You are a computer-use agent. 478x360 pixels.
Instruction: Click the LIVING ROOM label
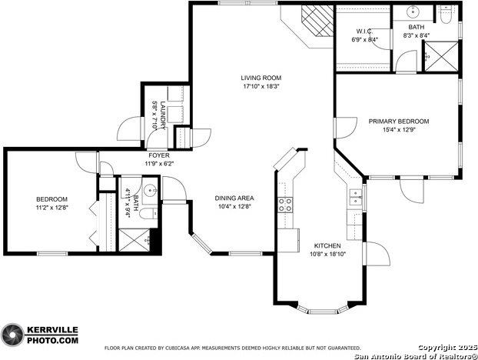coord(260,78)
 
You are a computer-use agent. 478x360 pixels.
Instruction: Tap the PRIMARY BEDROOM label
coord(398,122)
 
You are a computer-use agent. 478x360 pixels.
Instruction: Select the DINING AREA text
coord(234,198)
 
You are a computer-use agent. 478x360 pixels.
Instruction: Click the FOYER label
coord(160,155)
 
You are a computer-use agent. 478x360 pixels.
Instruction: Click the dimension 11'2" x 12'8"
coord(52,208)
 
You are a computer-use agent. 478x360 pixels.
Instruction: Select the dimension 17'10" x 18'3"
coord(260,87)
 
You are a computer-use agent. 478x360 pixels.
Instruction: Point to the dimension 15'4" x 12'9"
coord(398,130)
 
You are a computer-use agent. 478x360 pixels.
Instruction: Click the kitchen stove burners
coord(285,204)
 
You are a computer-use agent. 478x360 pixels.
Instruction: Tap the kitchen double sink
coord(355,198)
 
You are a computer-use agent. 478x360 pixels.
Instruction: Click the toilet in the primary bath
coord(447,13)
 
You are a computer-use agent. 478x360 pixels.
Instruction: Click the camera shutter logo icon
coord(12,334)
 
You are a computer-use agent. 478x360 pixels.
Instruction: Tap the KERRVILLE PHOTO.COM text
coord(52,334)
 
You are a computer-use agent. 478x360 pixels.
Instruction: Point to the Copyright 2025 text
coord(448,347)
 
